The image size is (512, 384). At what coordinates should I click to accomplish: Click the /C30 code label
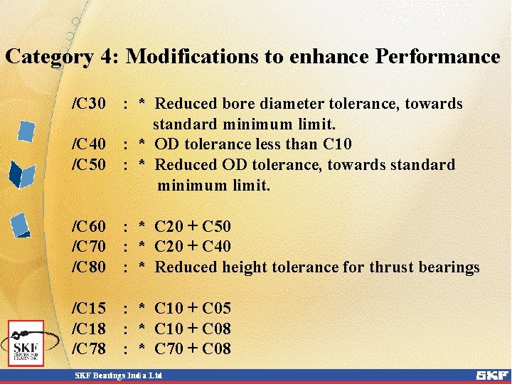click(89, 104)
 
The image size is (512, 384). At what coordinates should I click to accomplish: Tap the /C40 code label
click(89, 144)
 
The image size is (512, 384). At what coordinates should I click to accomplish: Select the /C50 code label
click(89, 165)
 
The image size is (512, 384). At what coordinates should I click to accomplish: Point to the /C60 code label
click(89, 227)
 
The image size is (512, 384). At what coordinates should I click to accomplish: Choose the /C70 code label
click(89, 247)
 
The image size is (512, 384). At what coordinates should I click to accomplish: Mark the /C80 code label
click(89, 267)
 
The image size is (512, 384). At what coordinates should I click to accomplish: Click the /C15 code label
click(89, 309)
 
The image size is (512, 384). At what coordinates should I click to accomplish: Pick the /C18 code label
click(89, 329)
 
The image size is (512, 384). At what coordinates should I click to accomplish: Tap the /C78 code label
click(89, 349)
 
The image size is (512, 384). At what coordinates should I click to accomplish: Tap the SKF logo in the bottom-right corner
click(491, 375)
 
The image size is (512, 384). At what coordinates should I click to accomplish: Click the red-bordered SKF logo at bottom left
click(26, 343)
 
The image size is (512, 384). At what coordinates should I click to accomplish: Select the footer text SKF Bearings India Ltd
click(119, 375)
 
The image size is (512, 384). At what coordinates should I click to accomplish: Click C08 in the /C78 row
click(217, 349)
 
